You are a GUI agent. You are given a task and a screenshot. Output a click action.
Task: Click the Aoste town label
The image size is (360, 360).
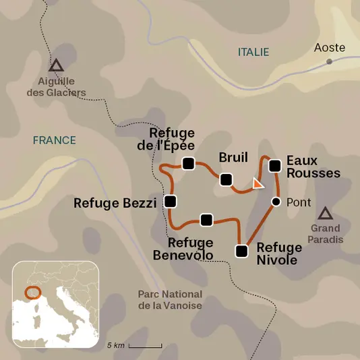(330, 48)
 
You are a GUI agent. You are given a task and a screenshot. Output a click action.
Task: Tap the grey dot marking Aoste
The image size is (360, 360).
(330, 61)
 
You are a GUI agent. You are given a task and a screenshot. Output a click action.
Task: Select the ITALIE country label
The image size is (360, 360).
(253, 52)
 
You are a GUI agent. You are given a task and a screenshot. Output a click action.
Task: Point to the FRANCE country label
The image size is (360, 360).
(55, 140)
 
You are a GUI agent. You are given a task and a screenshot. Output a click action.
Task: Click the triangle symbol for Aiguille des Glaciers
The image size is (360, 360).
(56, 65)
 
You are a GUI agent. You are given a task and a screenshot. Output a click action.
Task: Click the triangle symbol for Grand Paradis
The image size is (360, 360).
(326, 214)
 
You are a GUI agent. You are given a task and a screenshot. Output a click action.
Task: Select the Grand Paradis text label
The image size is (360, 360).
(326, 234)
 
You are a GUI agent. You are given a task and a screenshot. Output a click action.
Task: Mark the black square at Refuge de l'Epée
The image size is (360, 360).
(188, 162)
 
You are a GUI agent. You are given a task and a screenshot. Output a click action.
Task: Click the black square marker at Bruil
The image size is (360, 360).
(226, 179)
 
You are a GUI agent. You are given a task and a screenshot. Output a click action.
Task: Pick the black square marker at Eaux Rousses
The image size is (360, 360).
(274, 165)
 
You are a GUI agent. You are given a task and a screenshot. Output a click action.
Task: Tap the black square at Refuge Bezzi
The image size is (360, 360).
(171, 201)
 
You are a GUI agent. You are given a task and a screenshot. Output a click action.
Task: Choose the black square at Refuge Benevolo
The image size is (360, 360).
(206, 219)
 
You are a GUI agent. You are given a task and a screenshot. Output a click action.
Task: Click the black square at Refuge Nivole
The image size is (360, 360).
(241, 251)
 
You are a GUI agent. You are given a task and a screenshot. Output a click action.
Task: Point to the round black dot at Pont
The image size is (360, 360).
(275, 202)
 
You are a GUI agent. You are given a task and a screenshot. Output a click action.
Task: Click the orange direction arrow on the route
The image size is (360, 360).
(258, 183)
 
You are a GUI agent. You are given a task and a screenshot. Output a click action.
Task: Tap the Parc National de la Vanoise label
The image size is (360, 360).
(169, 300)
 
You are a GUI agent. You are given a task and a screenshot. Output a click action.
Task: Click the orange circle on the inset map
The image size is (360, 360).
(32, 293)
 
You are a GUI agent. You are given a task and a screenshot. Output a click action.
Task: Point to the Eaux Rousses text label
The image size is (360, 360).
(313, 167)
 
